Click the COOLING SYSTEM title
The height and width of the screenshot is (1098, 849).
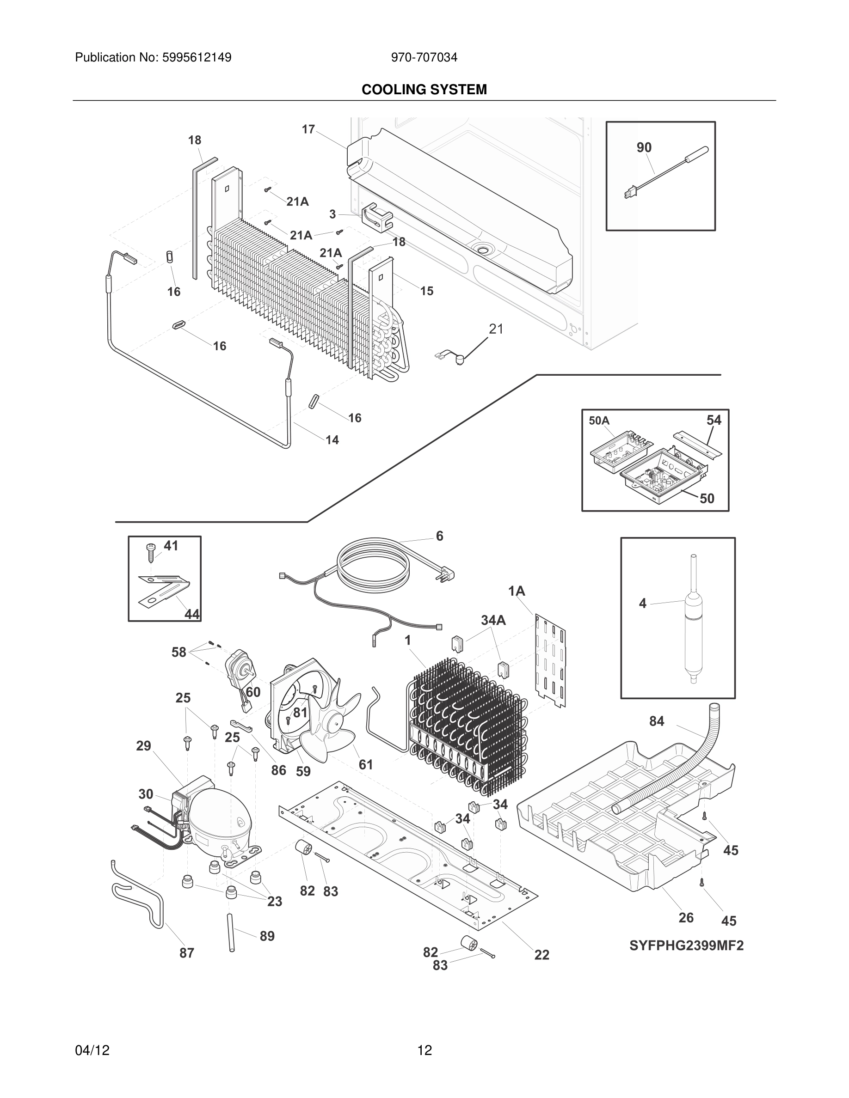[x=424, y=90]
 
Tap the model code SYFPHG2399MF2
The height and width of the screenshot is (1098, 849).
[x=686, y=945]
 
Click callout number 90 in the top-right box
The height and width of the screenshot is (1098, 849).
[x=644, y=147]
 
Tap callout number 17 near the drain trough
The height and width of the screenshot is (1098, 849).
[x=308, y=130]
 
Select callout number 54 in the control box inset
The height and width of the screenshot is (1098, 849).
[x=713, y=420]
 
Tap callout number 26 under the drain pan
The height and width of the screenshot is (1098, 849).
[x=686, y=917]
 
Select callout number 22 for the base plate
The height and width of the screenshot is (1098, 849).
[x=541, y=955]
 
